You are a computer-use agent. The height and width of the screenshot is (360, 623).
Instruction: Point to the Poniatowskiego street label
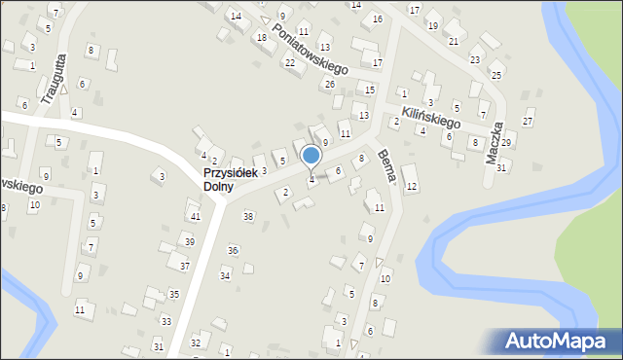pos(310,49)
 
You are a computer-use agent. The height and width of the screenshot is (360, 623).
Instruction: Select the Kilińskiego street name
pos(431,118)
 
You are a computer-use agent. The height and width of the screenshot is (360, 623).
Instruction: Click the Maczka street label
pos(497,140)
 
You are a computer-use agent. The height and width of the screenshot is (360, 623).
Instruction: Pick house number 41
pos(196,216)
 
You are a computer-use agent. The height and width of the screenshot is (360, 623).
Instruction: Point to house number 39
pos(190,241)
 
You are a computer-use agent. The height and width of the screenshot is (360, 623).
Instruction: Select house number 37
pos(184,265)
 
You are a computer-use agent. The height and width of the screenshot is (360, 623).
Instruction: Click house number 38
pos(248,216)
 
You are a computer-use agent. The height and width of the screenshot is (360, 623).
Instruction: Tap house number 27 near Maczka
pos(528,122)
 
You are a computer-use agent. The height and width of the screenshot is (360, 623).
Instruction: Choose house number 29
pos(506,143)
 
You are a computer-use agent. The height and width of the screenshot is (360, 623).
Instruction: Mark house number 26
pos(330,85)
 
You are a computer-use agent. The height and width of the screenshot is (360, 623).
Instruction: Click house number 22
pos(289,63)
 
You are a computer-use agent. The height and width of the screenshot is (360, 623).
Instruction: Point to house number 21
pos(454,41)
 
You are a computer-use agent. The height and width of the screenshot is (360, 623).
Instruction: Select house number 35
pos(173,294)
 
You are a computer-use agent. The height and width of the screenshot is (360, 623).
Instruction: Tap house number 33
pos(166,321)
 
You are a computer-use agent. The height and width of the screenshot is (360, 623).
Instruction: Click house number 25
pos(496,75)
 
